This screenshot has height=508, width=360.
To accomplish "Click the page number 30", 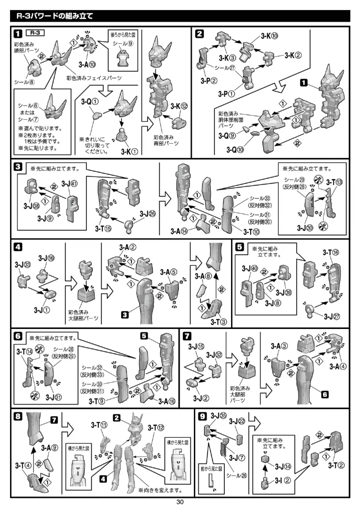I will click(180, 502).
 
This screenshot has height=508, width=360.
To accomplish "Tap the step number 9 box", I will click(202, 416).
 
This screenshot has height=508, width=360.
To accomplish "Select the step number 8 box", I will click(18, 416).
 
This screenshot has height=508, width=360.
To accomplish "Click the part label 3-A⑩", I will click(88, 63).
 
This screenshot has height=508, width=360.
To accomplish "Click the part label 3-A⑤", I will click(168, 272).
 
